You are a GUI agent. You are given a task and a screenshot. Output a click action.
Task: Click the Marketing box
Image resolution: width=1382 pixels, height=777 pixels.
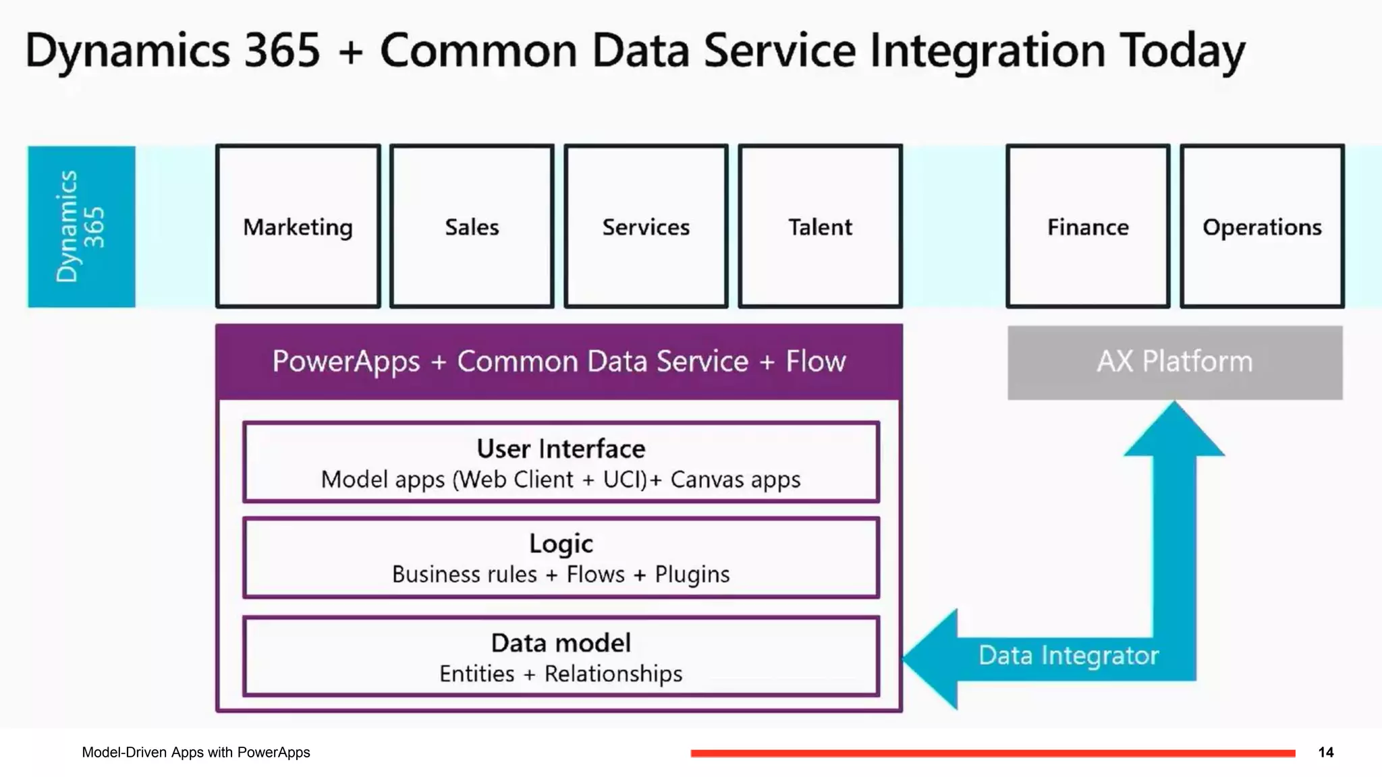(x=298, y=227)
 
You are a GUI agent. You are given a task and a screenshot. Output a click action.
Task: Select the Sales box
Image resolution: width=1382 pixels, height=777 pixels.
(x=472, y=227)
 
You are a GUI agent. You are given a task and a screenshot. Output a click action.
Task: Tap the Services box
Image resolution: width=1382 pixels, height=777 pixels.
(x=646, y=227)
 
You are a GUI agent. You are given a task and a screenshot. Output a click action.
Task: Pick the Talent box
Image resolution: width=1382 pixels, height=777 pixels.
(x=821, y=227)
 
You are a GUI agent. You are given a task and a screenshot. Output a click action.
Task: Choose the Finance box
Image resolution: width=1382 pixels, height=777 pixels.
(x=1088, y=227)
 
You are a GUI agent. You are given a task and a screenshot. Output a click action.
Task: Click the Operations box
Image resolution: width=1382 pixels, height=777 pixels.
(x=1263, y=227)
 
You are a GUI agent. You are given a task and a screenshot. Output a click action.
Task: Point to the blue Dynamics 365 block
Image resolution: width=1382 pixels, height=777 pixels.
(x=82, y=227)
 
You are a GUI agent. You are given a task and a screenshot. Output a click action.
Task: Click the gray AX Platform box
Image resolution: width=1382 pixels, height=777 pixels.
(x=1175, y=363)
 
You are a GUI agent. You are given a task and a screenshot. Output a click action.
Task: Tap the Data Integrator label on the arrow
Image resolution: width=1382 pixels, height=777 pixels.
(x=1069, y=655)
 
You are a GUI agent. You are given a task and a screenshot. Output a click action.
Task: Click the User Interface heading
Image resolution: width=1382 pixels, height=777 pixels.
(x=561, y=449)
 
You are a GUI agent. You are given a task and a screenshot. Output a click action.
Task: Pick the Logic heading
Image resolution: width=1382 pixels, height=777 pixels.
(x=561, y=544)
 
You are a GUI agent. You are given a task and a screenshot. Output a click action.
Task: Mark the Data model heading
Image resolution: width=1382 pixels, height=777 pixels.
(x=561, y=643)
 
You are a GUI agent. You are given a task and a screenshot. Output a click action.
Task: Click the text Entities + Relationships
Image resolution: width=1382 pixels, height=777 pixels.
(x=561, y=673)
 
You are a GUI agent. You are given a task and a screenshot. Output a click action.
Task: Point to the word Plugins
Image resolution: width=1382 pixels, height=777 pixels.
(x=692, y=575)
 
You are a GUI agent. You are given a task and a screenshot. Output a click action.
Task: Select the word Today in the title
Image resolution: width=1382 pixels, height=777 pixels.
(x=1182, y=51)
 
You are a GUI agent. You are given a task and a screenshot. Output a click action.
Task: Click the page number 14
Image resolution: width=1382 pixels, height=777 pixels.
(x=1326, y=752)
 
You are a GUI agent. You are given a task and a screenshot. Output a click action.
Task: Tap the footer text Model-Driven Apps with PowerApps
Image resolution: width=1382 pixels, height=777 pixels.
(x=196, y=752)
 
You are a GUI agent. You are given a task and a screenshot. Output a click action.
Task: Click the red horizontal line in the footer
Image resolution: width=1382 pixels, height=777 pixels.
(x=993, y=753)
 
